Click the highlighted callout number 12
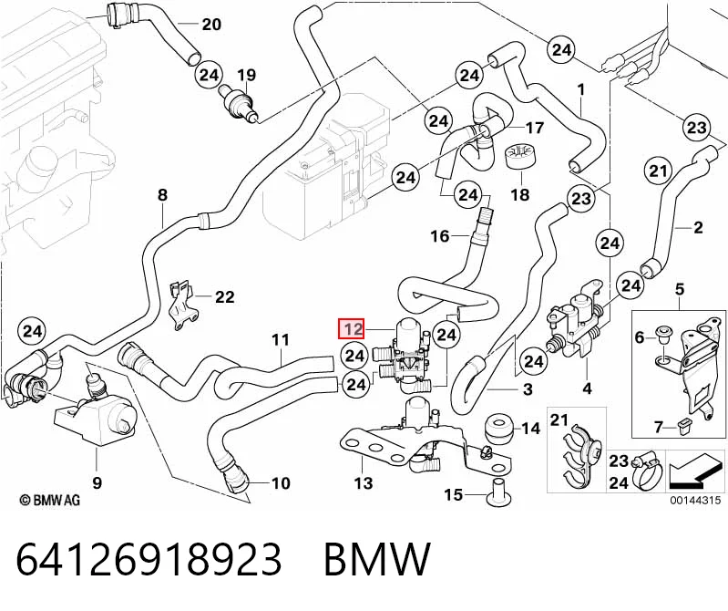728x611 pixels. pyautogui.click(x=353, y=329)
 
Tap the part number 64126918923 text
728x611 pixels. pyautogui.click(x=149, y=558)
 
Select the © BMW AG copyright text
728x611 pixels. pyautogui.click(x=50, y=500)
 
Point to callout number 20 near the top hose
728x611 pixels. pyautogui.click(x=211, y=24)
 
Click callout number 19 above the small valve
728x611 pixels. pyautogui.click(x=247, y=75)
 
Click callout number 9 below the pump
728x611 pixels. pyautogui.click(x=97, y=482)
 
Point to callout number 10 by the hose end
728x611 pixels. pyautogui.click(x=281, y=483)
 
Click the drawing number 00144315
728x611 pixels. pyautogui.click(x=694, y=500)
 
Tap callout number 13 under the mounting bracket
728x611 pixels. pyautogui.click(x=364, y=483)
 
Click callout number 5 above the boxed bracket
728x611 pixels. pyautogui.click(x=679, y=289)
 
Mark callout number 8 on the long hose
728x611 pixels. pyautogui.click(x=162, y=194)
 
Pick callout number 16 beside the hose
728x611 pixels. pyautogui.click(x=439, y=236)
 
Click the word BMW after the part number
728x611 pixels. pyautogui.click(x=377, y=558)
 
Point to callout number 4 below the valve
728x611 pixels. pyautogui.click(x=587, y=388)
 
